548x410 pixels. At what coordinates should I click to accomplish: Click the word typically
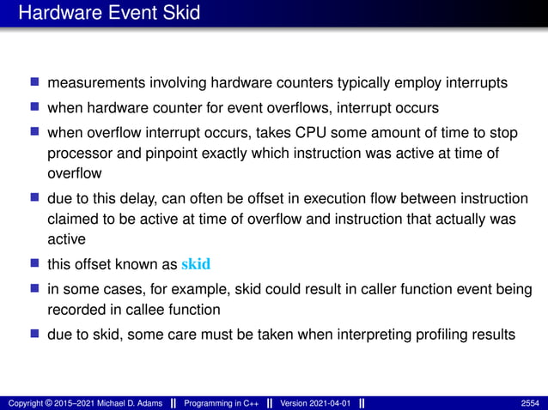click(x=389, y=84)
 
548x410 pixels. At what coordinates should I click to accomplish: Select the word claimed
click(x=72, y=219)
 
